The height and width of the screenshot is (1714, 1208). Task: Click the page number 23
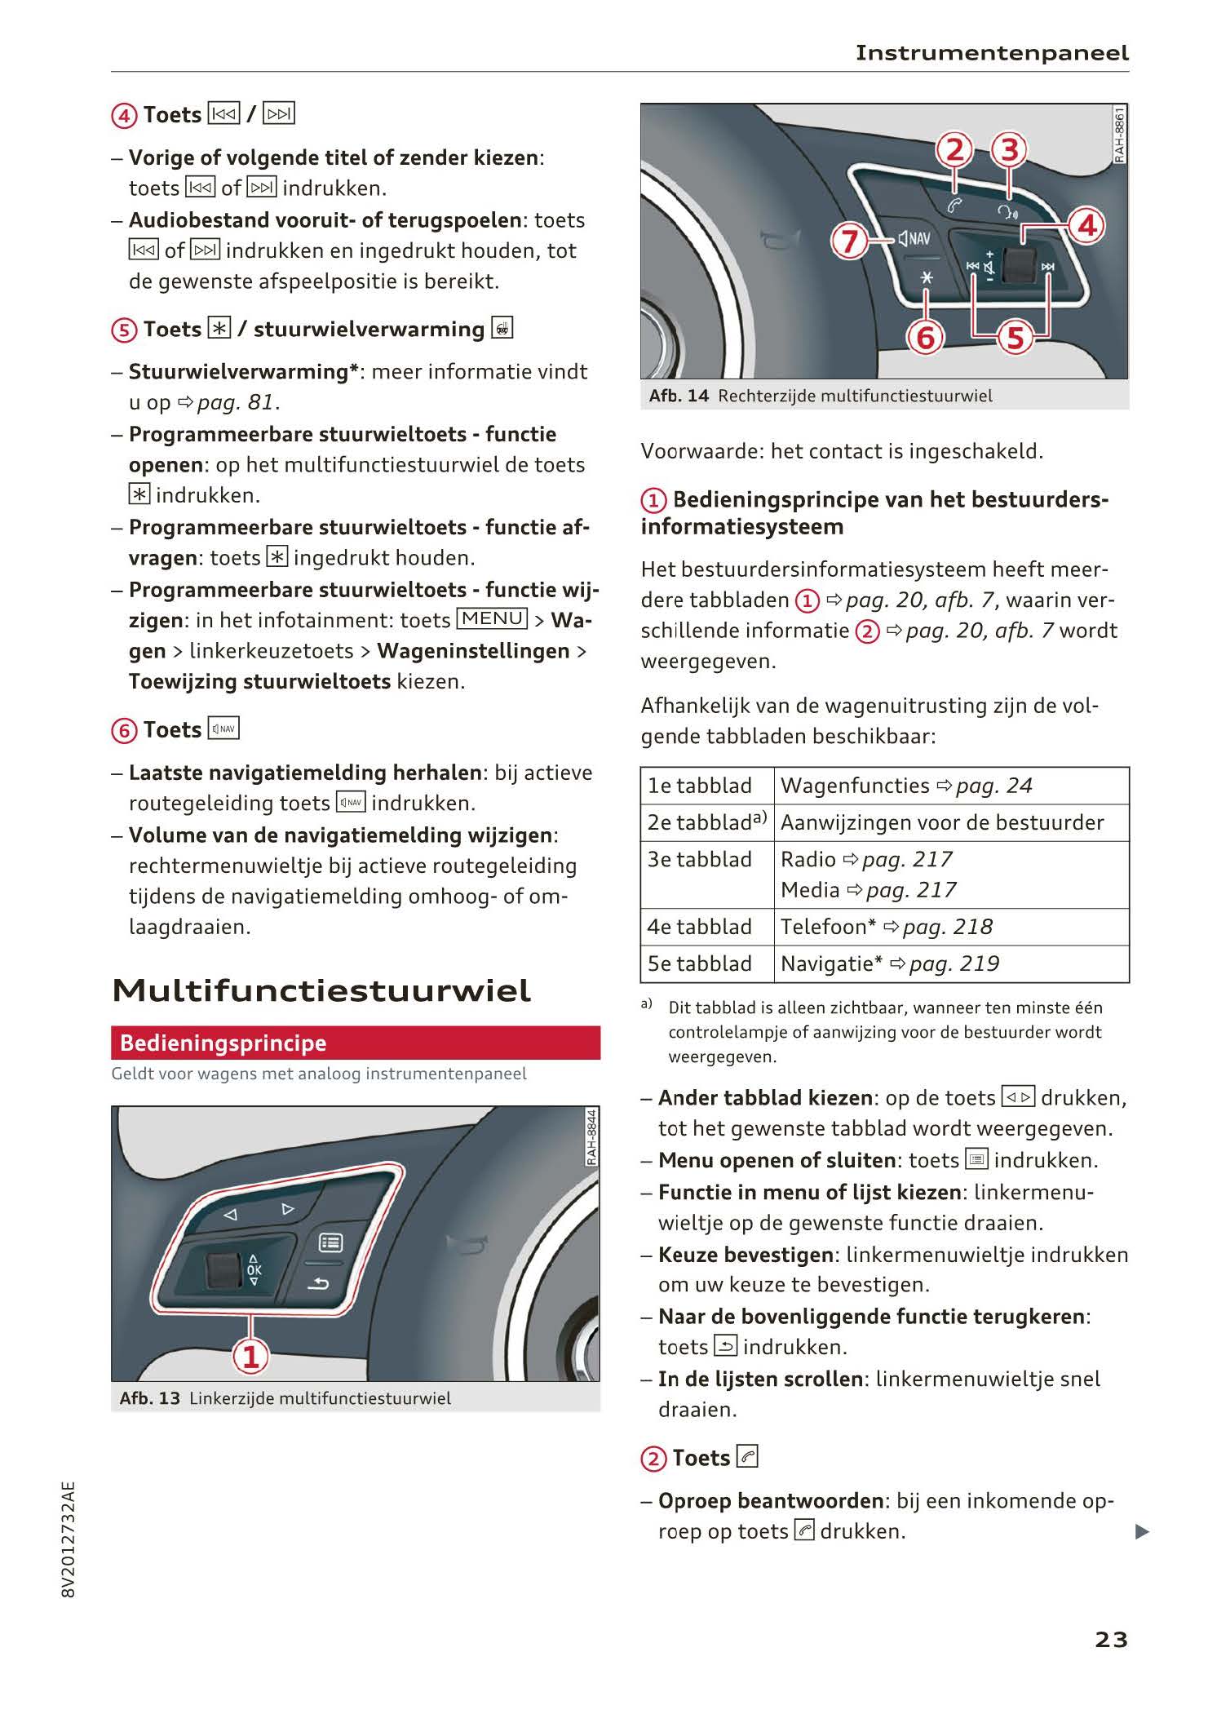(1111, 1639)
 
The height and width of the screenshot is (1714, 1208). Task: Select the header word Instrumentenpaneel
(992, 53)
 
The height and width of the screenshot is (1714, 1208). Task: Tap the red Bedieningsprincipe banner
(355, 1043)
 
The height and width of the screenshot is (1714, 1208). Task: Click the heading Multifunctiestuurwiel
(321, 990)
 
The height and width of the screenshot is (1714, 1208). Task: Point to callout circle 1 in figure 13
(251, 1356)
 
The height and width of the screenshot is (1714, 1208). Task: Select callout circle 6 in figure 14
(926, 336)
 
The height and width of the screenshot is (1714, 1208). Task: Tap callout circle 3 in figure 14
(1010, 149)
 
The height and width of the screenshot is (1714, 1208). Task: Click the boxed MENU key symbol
(493, 619)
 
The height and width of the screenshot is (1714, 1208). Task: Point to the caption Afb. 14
(679, 396)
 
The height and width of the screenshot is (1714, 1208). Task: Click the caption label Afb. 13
(149, 1398)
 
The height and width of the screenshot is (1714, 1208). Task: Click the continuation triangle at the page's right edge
(1142, 1531)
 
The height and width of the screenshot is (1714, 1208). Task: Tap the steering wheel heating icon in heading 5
(502, 329)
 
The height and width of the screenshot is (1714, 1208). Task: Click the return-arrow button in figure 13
(318, 1284)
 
